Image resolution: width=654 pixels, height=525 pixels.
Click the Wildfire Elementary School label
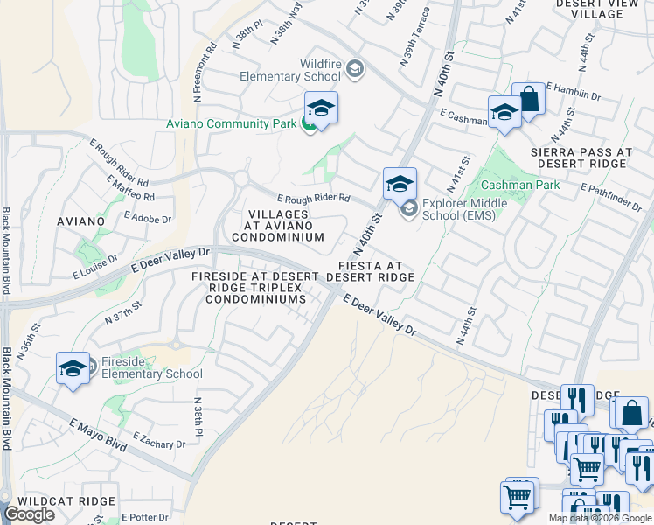(x=291, y=69)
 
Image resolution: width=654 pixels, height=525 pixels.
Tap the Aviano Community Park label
(x=231, y=123)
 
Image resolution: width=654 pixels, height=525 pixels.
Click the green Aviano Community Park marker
(x=309, y=124)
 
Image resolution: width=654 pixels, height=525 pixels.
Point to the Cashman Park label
(x=519, y=185)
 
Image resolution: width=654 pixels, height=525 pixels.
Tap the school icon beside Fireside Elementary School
(x=73, y=367)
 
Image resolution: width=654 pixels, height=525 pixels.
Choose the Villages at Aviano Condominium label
(x=277, y=225)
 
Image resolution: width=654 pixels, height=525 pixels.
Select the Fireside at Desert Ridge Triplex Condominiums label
(x=249, y=288)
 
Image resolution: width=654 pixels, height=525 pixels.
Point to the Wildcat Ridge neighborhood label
(x=66, y=501)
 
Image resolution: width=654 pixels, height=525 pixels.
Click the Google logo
(x=31, y=514)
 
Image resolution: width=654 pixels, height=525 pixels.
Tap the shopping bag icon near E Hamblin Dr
(x=528, y=99)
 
